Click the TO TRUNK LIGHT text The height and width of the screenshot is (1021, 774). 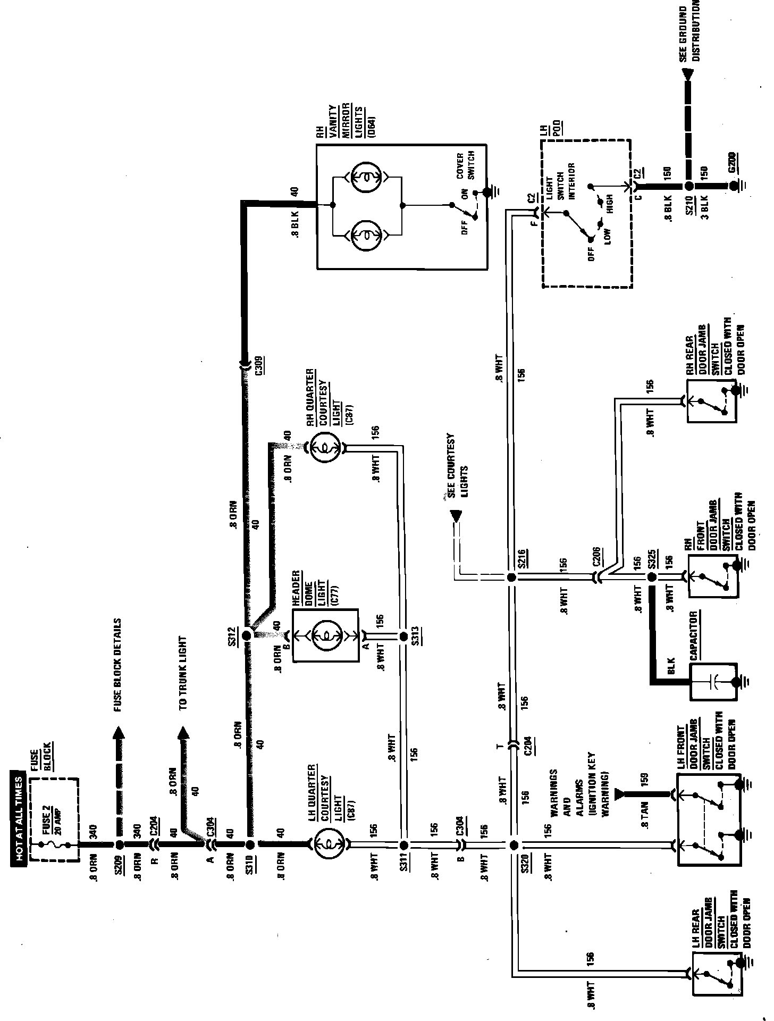[x=182, y=673]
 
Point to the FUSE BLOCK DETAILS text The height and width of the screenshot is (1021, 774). [x=117, y=665]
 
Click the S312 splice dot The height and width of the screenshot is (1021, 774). [x=247, y=635]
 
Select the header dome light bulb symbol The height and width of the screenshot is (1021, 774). [x=325, y=635]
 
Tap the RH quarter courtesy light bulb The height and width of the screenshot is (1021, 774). [x=325, y=448]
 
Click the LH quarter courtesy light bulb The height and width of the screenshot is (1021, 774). [x=328, y=843]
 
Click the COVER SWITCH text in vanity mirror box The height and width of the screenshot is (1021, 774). [x=465, y=165]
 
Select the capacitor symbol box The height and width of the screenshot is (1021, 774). [x=713, y=681]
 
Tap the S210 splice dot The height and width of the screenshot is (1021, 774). [x=688, y=186]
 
